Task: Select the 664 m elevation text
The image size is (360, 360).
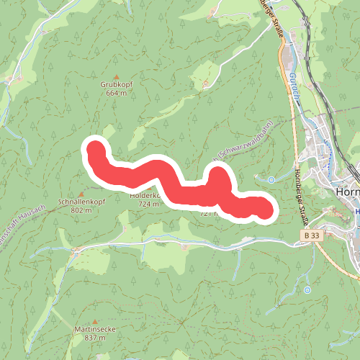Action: (116, 94)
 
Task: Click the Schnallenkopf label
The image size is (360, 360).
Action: (81, 202)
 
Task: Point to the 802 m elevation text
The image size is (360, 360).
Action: (81, 210)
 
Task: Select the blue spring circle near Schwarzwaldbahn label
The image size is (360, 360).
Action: (271, 179)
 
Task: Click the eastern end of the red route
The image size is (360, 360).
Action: (264, 210)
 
